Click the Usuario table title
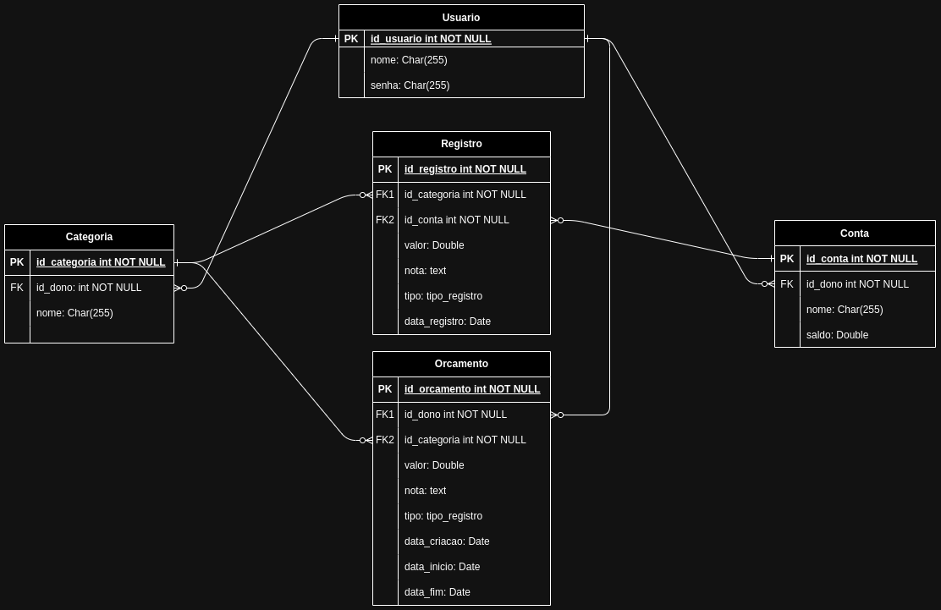(461, 18)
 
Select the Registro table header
(461, 144)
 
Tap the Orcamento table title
(461, 364)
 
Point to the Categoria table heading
(89, 237)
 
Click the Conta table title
(855, 234)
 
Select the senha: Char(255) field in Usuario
(410, 85)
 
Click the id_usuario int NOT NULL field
(431, 39)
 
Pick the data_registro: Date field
(448, 321)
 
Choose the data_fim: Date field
(437, 592)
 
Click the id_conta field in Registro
(457, 220)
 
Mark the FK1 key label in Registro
(385, 195)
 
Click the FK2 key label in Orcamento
(385, 440)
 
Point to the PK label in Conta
(787, 259)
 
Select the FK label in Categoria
(17, 288)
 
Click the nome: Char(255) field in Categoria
(74, 312)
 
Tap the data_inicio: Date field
(443, 567)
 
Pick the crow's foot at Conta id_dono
(768, 284)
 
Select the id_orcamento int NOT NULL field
(472, 389)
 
